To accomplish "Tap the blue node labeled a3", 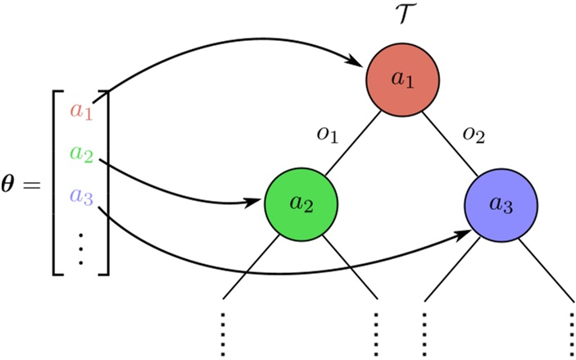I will tap(501, 206).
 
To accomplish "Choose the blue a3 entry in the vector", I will tap(82, 195).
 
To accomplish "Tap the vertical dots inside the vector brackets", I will tap(81, 247).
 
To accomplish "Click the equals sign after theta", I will tap(33, 187).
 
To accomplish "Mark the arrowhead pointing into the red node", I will tap(358, 61).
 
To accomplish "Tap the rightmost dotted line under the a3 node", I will tap(572, 332).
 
